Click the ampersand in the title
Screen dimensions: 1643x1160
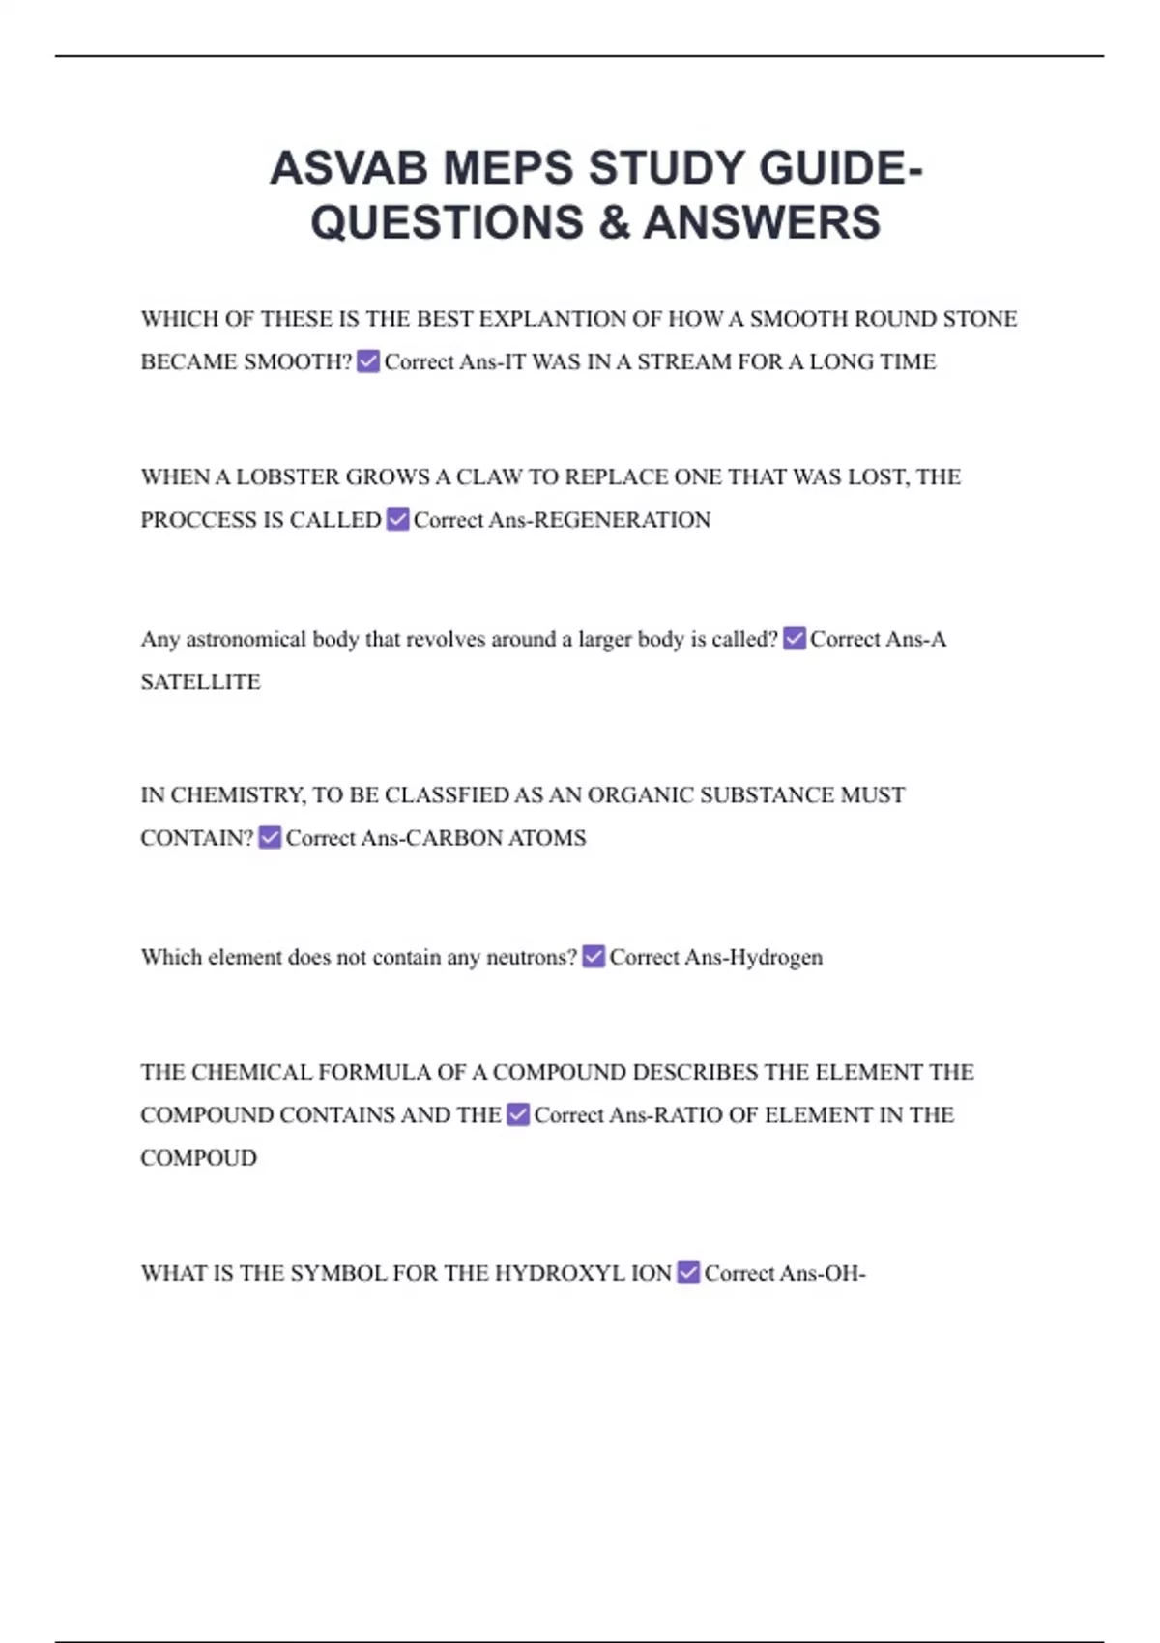point(614,222)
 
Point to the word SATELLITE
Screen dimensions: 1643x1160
point(200,682)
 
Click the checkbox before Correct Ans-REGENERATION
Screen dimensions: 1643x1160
point(397,520)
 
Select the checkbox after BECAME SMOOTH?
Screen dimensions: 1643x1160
point(368,361)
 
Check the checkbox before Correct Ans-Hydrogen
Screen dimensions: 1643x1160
point(594,957)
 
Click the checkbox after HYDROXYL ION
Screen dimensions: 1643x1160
point(688,1273)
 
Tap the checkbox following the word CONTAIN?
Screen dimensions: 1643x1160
point(270,838)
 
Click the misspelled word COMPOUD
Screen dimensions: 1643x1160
point(198,1158)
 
